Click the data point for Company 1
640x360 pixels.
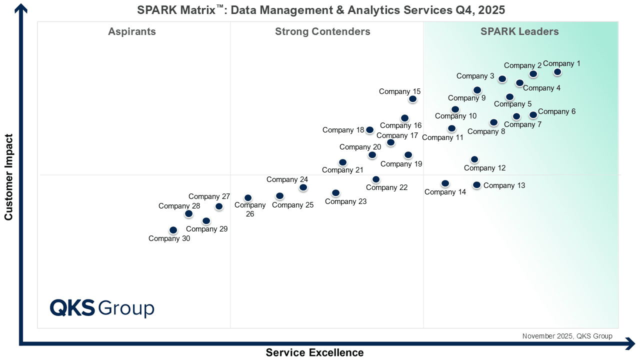point(557,72)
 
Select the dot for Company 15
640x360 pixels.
point(412,99)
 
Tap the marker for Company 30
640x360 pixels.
point(173,229)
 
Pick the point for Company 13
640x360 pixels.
point(476,185)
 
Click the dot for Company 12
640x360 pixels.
point(474,159)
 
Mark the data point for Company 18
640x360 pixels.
point(369,129)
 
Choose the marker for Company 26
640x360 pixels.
point(248,197)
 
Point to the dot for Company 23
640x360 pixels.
point(335,193)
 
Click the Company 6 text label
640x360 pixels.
point(556,111)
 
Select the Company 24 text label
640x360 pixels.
point(287,179)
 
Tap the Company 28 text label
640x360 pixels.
point(179,206)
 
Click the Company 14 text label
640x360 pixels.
point(445,192)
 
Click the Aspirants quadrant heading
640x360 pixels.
point(132,31)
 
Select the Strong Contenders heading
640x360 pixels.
point(322,31)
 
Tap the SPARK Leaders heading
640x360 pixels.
point(519,31)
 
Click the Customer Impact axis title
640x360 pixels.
point(8,177)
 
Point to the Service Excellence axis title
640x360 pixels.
point(314,352)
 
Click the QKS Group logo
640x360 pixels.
point(102,308)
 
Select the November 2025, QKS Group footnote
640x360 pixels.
point(567,336)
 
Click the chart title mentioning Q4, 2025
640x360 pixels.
point(321,10)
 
